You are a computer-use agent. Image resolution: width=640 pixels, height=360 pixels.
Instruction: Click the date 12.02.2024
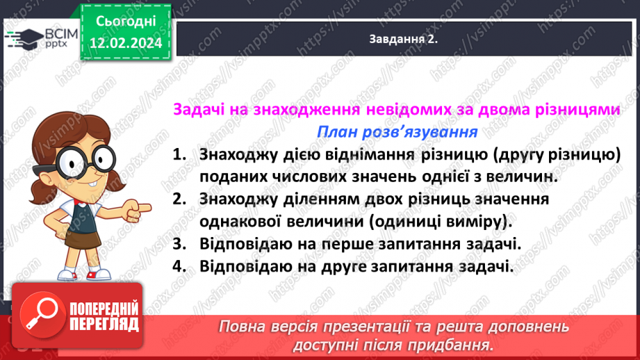pyautogui.click(x=125, y=43)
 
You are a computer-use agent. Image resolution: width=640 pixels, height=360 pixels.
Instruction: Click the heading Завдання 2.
pyautogui.click(x=403, y=40)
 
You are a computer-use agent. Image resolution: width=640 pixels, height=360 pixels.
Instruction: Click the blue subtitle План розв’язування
pyautogui.click(x=396, y=132)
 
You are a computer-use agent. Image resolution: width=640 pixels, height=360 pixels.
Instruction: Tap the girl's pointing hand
pyautogui.click(x=142, y=206)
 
